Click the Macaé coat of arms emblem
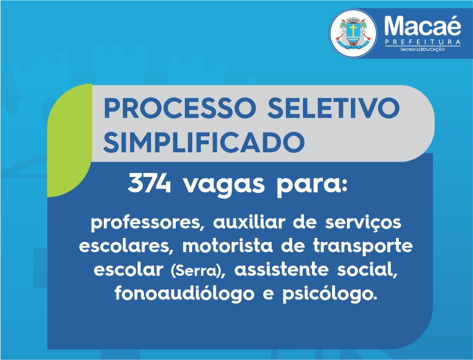(353, 34)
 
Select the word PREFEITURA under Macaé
(423, 42)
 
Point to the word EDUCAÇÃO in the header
(432, 49)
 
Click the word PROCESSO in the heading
(180, 108)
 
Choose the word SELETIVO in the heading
(333, 108)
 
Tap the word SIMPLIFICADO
(204, 142)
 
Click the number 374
(149, 183)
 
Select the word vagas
(224, 185)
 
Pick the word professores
(145, 223)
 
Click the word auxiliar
(249, 222)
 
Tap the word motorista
(228, 246)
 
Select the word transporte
(362, 246)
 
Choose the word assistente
(281, 269)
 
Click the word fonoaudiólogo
(184, 293)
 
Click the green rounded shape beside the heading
(70, 140)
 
